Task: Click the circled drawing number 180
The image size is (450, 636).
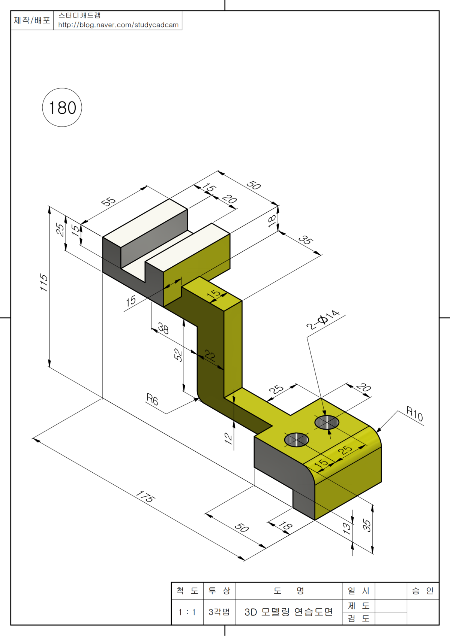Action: point(62,108)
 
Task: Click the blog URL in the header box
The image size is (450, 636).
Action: point(118,25)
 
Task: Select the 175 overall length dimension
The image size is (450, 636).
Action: point(145,497)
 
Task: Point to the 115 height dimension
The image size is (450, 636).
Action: point(44,282)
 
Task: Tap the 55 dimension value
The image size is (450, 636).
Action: point(108,202)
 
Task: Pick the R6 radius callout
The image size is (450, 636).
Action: point(152,399)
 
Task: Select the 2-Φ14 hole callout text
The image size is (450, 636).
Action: point(323,320)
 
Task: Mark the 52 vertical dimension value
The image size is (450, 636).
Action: point(178,355)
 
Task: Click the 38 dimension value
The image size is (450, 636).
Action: point(163,328)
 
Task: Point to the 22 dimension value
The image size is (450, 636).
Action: point(210,355)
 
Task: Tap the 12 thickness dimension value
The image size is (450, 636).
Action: point(228,438)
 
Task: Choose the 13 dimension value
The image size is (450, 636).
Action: point(347,528)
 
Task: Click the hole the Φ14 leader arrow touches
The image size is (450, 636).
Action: point(327,423)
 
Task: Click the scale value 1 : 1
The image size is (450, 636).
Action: point(187,612)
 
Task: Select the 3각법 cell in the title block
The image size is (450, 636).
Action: point(219,612)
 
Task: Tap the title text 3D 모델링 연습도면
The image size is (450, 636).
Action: point(289,612)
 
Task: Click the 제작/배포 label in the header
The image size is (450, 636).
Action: point(32,20)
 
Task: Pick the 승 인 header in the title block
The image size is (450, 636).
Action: point(423,591)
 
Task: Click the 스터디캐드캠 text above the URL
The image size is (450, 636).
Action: point(79,16)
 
